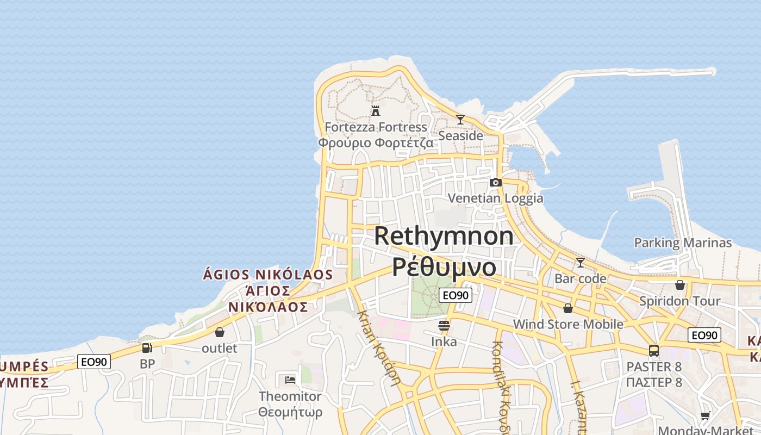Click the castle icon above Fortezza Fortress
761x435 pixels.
[375, 111]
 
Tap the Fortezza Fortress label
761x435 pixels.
[376, 127]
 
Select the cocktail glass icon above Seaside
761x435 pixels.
[460, 120]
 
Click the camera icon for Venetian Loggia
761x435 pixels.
[495, 182]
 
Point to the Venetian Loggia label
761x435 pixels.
[495, 198]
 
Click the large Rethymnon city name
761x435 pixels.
[444, 236]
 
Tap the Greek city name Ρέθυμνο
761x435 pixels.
[444, 266]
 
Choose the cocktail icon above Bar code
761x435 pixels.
[581, 263]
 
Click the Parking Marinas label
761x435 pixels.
[683, 243]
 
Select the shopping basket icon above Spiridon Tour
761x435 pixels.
[680, 285]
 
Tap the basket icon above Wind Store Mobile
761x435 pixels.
[568, 308]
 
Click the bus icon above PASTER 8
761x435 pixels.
[654, 351]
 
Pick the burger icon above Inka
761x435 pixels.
[444, 326]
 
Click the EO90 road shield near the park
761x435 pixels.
[455, 295]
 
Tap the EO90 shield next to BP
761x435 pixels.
[94, 362]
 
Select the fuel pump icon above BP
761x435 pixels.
[147, 348]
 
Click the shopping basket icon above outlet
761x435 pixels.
[220, 332]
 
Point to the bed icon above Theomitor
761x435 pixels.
[290, 380]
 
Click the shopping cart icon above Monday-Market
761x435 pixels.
[705, 416]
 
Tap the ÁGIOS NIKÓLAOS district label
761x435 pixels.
[267, 274]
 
